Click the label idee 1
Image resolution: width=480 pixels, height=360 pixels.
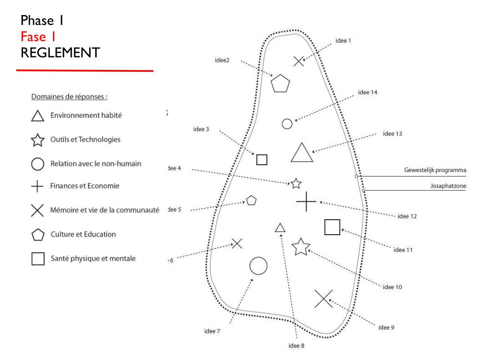pyautogui.click(x=343, y=41)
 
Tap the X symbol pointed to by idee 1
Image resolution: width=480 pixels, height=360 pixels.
pyautogui.click(x=298, y=61)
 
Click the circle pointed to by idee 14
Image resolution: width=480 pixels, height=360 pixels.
pyautogui.click(x=287, y=123)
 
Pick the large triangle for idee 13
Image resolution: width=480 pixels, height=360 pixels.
pyautogui.click(x=301, y=153)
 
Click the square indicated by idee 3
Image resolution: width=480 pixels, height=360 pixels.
pyautogui.click(x=262, y=160)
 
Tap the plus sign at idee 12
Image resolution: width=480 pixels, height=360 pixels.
pyautogui.click(x=306, y=202)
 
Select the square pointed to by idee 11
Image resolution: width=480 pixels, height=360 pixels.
pyautogui.click(x=332, y=227)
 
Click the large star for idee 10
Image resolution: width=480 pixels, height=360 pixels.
pyautogui.click(x=301, y=247)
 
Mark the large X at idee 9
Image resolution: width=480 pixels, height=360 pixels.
pyautogui.click(x=323, y=299)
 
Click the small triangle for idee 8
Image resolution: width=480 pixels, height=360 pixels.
pyautogui.click(x=280, y=228)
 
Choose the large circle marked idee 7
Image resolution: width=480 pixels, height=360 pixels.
pyautogui.click(x=258, y=266)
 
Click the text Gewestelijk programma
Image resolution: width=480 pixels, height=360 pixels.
pyautogui.click(x=435, y=170)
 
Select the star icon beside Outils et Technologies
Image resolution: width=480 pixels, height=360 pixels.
pyautogui.click(x=38, y=140)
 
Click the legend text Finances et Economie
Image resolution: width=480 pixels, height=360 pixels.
pyautogui.click(x=85, y=186)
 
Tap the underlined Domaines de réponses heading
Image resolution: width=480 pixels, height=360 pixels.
pyautogui.click(x=69, y=97)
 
